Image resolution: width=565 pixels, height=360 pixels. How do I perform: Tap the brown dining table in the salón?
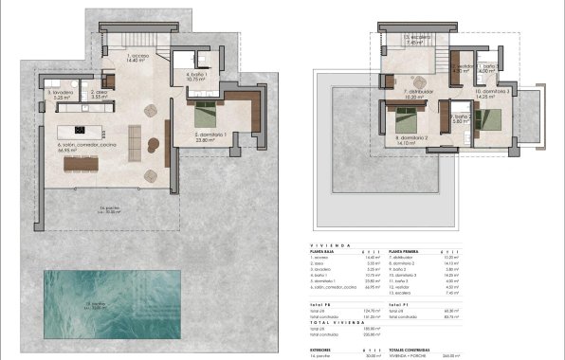82,164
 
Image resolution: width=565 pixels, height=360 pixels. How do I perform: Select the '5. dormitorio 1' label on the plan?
210,135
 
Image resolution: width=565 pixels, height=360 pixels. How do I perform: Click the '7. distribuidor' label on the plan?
419,93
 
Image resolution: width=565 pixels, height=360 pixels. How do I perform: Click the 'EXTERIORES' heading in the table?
328,347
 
